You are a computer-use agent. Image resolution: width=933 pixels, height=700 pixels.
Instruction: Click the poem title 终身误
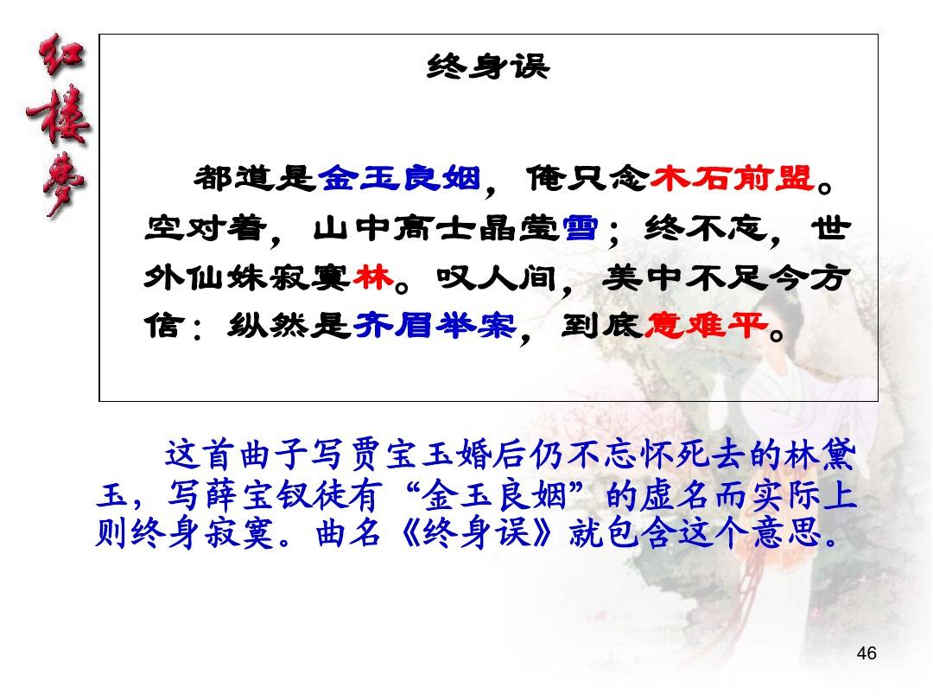[488, 66]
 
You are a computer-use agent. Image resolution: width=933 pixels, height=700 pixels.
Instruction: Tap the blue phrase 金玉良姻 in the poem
[399, 177]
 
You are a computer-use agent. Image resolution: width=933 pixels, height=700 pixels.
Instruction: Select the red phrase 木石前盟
[732, 177]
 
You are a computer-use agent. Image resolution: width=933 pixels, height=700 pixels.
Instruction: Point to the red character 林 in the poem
[374, 277]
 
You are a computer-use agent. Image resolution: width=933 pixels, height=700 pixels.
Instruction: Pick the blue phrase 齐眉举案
[435, 325]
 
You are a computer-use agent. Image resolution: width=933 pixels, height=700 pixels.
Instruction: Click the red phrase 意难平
[706, 325]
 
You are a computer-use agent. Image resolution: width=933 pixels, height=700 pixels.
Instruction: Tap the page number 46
[866, 653]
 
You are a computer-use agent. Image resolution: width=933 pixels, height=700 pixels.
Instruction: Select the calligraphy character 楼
[59, 116]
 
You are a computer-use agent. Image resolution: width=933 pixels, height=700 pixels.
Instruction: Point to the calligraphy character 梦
[63, 182]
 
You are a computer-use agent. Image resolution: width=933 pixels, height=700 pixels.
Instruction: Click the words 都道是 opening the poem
[254, 177]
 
